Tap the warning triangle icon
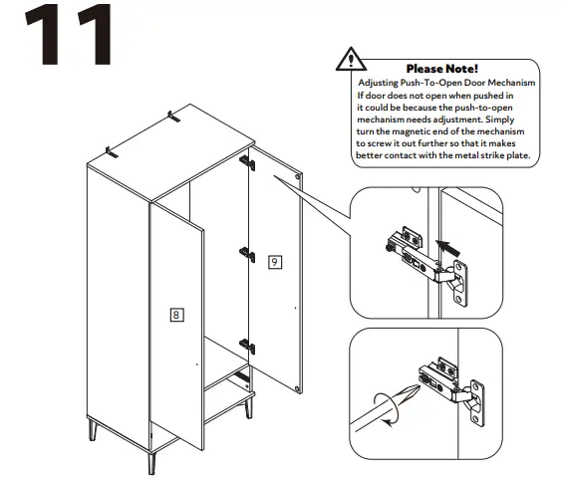(350, 57)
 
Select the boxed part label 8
(175, 315)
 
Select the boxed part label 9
(274, 262)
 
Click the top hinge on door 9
(248, 160)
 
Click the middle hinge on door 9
(246, 253)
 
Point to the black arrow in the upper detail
(448, 243)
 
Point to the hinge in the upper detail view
(424, 255)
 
